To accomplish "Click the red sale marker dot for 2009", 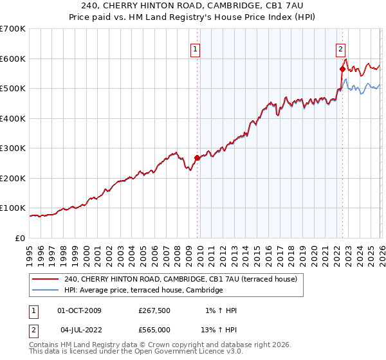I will click(197, 157).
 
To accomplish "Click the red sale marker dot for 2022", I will click(342, 69).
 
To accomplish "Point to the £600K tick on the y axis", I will click(13, 59).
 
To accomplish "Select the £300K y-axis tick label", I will click(13, 148).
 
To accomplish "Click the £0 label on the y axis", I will click(21, 238).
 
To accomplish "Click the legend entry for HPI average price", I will click(143, 291).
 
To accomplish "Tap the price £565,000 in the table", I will click(154, 330).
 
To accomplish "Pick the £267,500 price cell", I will click(154, 310).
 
